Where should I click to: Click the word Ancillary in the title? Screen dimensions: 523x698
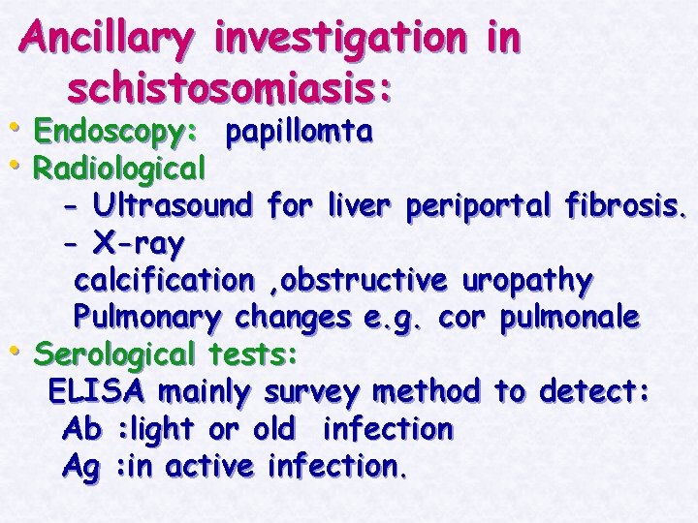coord(109,39)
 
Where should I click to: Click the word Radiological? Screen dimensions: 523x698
coord(119,169)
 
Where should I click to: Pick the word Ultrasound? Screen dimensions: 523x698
coord(173,205)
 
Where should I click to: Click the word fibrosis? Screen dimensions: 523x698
coord(620,205)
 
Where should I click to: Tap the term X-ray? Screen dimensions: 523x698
coord(139,242)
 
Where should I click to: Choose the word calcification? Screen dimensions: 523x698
coord(163,280)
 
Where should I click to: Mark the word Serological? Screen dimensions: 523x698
coord(114,354)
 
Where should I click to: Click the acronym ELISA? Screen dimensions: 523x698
coord(97,392)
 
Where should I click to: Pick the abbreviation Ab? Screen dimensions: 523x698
coord(80,429)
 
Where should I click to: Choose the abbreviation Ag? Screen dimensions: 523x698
coord(80,467)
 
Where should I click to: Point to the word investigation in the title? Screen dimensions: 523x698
coord(338,39)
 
